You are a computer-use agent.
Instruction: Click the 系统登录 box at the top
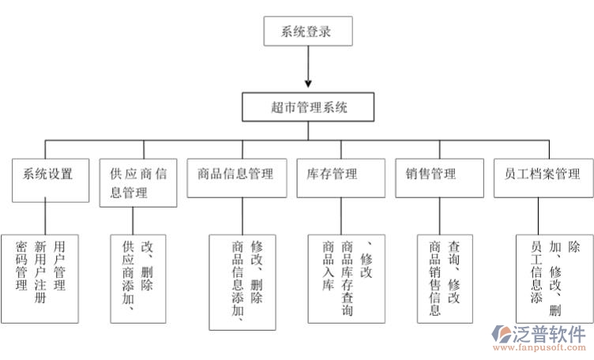tap(306, 32)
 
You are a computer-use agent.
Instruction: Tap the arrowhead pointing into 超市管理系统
tap(306, 82)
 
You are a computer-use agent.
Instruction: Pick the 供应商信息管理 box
tap(138, 182)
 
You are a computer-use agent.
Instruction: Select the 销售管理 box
tap(434, 174)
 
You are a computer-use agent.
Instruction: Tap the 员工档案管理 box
tap(541, 174)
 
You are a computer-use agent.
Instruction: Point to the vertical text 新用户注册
tap(41, 273)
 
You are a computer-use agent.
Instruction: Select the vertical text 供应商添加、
tap(127, 276)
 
